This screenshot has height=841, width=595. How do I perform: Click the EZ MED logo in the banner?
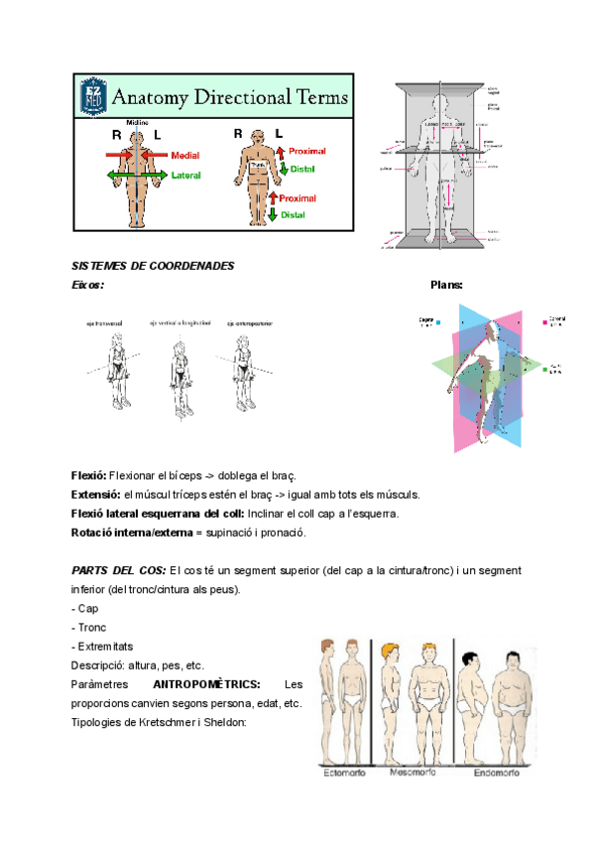pyautogui.click(x=94, y=97)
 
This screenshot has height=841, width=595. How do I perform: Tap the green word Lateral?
pyautogui.click(x=185, y=176)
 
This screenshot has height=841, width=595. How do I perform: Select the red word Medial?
pyautogui.click(x=184, y=156)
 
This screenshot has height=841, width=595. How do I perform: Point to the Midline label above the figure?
pyautogui.click(x=137, y=122)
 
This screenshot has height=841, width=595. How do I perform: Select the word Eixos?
pyautogui.click(x=87, y=286)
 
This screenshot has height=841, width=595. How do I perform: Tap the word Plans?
pyautogui.click(x=446, y=286)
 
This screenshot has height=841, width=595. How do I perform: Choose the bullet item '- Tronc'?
pyautogui.click(x=90, y=627)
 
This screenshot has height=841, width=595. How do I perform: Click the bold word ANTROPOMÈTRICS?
pyautogui.click(x=207, y=684)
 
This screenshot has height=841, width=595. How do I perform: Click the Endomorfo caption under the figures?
pyautogui.click(x=496, y=773)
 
